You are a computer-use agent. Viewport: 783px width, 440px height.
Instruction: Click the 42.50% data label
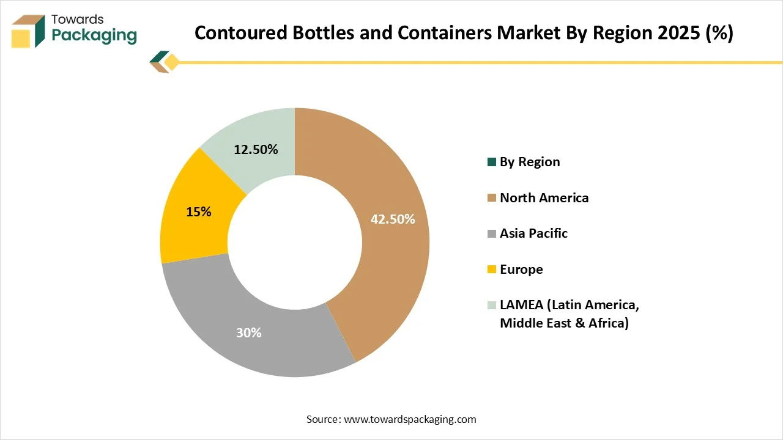click(x=393, y=219)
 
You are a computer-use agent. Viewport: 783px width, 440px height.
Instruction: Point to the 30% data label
click(x=249, y=333)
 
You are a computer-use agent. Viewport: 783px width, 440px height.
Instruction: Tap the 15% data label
click(x=198, y=212)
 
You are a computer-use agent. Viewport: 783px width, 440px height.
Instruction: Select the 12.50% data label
click(x=256, y=149)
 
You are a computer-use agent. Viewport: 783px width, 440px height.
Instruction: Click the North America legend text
click(x=544, y=197)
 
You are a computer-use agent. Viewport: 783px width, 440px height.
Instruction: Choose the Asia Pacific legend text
click(x=533, y=233)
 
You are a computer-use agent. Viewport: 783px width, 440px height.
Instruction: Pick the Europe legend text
click(x=521, y=269)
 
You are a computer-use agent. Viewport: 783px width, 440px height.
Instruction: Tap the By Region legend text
click(x=530, y=162)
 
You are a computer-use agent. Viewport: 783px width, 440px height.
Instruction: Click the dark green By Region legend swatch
click(x=491, y=162)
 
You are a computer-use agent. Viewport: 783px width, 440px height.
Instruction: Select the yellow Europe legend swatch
click(x=491, y=269)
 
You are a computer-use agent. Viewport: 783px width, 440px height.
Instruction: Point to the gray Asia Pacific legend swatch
click(x=491, y=233)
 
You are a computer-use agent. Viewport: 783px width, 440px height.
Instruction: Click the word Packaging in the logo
click(x=94, y=35)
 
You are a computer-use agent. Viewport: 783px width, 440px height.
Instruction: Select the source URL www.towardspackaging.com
click(x=410, y=419)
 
